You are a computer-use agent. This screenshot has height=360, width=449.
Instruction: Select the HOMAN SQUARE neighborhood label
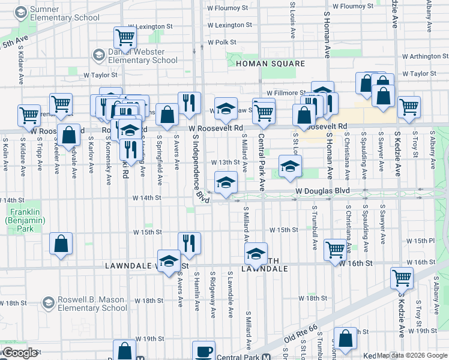[270, 64]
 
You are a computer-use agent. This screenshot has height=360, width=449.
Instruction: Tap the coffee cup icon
[203, 351]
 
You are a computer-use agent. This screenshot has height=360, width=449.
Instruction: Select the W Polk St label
[221, 43]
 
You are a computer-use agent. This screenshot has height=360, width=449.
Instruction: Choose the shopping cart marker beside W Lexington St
[125, 38]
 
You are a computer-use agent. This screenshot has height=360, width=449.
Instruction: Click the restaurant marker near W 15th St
[189, 244]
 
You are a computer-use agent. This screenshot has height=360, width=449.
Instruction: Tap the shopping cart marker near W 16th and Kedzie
[402, 278]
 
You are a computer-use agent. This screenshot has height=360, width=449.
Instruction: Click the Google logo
[20, 353]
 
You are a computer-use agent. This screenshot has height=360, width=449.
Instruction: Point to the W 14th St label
[147, 197]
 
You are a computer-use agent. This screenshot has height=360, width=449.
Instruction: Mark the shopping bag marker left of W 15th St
[61, 244]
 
